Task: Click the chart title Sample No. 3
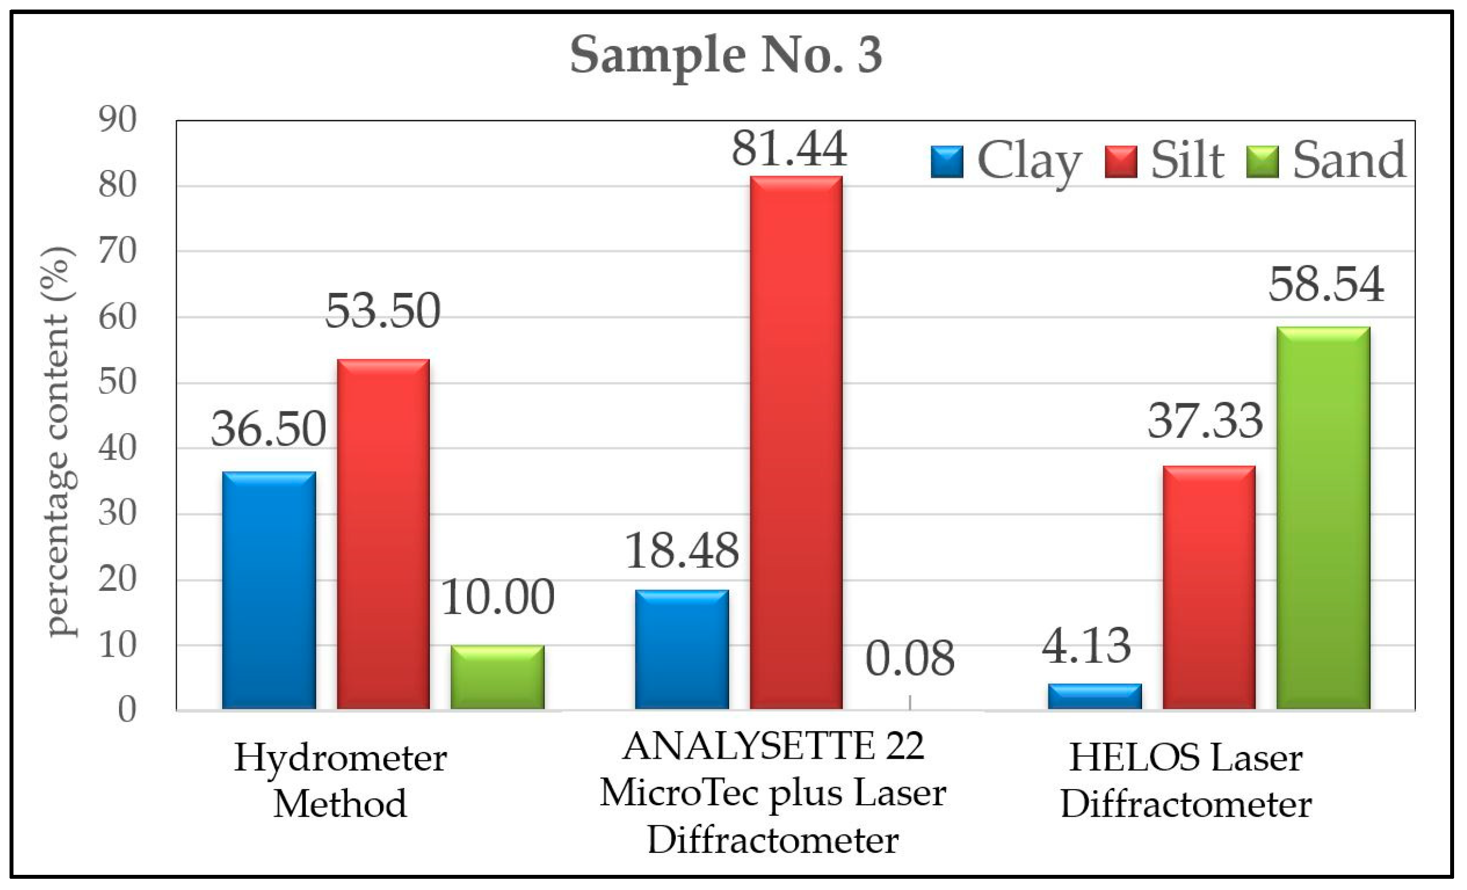pyautogui.click(x=726, y=55)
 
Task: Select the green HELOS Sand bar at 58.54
pyautogui.click(x=1323, y=517)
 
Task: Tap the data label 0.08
pyautogui.click(x=909, y=658)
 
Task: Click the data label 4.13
pyautogui.click(x=1086, y=646)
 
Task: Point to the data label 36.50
pyautogui.click(x=268, y=429)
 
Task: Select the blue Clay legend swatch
pyautogui.click(x=947, y=162)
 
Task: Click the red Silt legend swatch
pyautogui.click(x=1121, y=162)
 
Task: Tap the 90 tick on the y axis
pyautogui.click(x=117, y=120)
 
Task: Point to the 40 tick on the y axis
pyautogui.click(x=117, y=448)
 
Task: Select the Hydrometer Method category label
pyautogui.click(x=340, y=781)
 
